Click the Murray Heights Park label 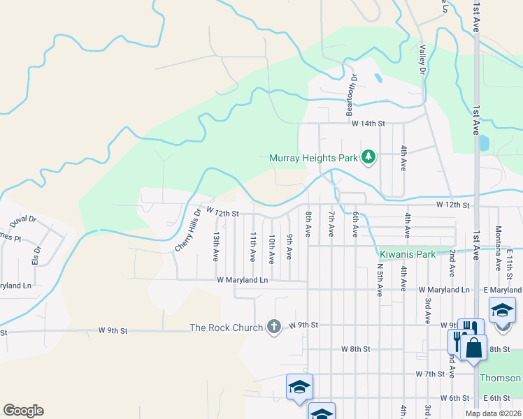click(314, 158)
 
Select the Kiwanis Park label click(407, 254)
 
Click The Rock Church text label click(226, 327)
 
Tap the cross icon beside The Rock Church click(273, 327)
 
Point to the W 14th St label click(368, 123)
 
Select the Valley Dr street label click(422, 60)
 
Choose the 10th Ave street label click(271, 248)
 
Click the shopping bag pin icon click(473, 347)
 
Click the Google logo click(23, 411)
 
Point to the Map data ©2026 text click(492, 413)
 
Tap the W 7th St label click(431, 374)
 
